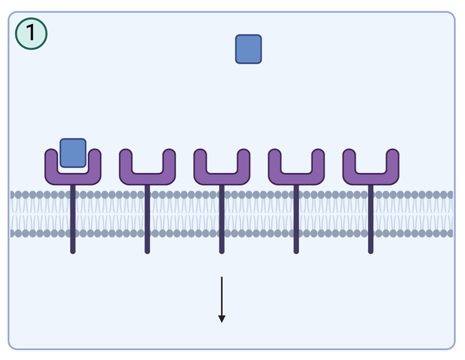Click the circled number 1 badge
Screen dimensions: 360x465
(31, 33)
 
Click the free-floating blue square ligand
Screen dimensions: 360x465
(248, 49)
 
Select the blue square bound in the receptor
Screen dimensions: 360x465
(73, 153)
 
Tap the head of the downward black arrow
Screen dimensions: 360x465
(222, 319)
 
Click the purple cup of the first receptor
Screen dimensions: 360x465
(73, 178)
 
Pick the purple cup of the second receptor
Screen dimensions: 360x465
(147, 178)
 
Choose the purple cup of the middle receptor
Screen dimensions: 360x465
(222, 178)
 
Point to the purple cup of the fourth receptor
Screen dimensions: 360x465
(296, 178)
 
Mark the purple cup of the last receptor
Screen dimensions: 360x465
(371, 178)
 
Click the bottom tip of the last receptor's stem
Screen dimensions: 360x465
(371, 251)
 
